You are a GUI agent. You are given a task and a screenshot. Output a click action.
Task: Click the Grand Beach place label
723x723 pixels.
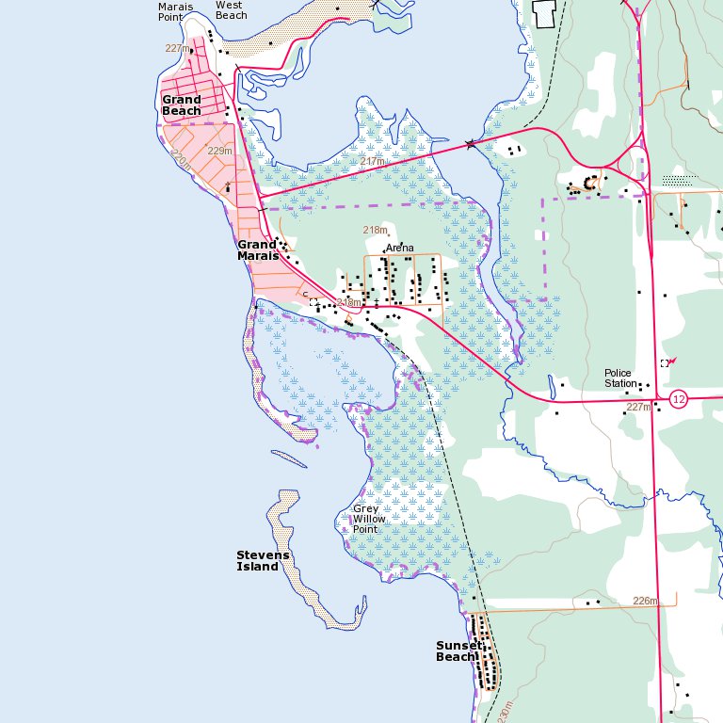[182, 104]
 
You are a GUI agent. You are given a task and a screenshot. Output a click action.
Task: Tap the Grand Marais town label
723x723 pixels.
[257, 249]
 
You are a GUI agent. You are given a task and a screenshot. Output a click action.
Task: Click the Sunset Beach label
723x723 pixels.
[458, 651]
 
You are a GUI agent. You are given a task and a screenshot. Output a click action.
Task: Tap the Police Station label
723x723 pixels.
[620, 378]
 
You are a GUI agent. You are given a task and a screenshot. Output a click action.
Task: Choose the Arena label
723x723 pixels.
[399, 248]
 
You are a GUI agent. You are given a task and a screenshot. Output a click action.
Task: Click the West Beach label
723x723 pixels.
[231, 9]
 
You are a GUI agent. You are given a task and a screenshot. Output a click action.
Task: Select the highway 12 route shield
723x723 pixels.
[679, 399]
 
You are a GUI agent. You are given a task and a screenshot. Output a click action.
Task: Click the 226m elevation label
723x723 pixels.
[645, 601]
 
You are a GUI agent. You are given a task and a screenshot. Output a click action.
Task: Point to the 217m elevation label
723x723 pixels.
[373, 162]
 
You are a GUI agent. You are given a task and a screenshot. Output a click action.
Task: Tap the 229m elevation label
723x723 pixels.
[219, 151]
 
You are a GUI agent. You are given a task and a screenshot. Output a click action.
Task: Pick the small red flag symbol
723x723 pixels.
[672, 359]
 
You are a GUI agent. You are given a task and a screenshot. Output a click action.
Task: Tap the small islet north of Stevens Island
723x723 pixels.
[289, 459]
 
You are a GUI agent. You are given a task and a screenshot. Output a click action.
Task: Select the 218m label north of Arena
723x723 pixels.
[376, 230]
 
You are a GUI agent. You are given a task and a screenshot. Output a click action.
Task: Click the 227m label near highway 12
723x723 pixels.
[638, 408]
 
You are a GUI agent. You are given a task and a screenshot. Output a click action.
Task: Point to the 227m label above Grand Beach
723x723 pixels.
[177, 48]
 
